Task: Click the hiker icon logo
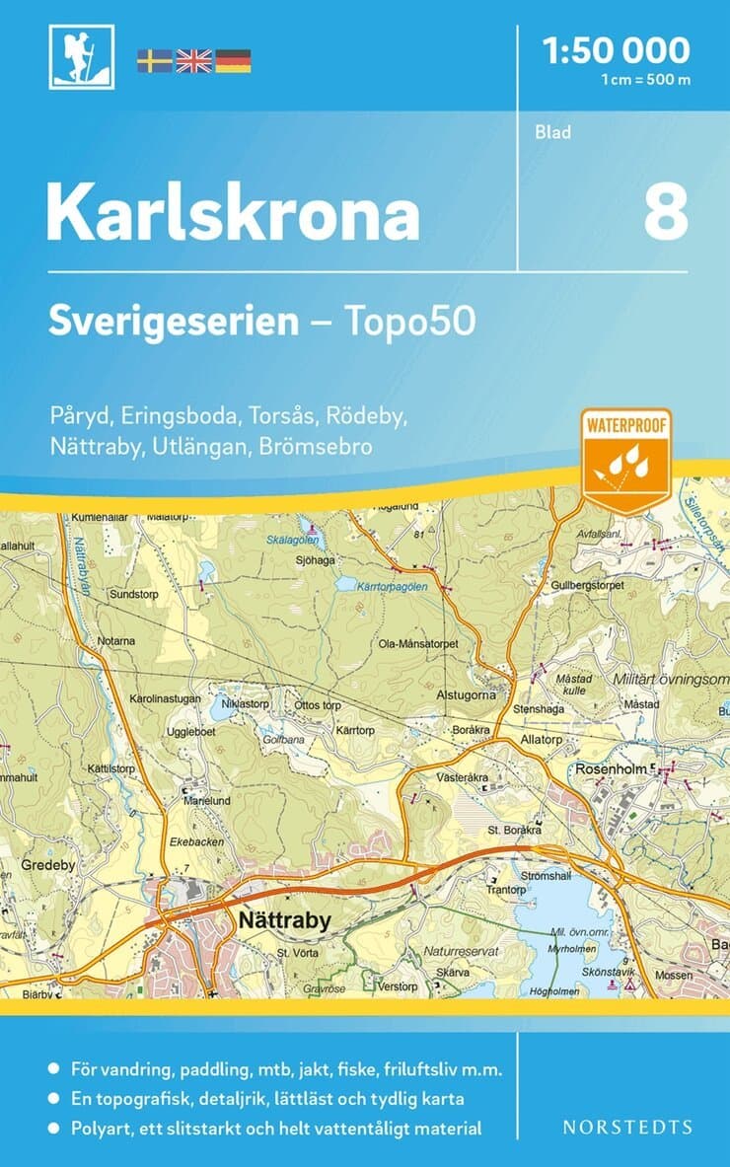pyautogui.click(x=82, y=58)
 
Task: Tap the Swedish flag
pyautogui.click(x=154, y=61)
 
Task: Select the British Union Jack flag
pyautogui.click(x=193, y=61)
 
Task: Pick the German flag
pyautogui.click(x=233, y=61)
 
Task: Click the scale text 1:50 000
pyautogui.click(x=618, y=48)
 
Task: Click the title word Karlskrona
pyautogui.click(x=233, y=212)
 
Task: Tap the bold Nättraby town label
pyautogui.click(x=284, y=920)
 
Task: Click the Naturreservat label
pyautogui.click(x=462, y=951)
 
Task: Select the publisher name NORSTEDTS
pyautogui.click(x=627, y=1127)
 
